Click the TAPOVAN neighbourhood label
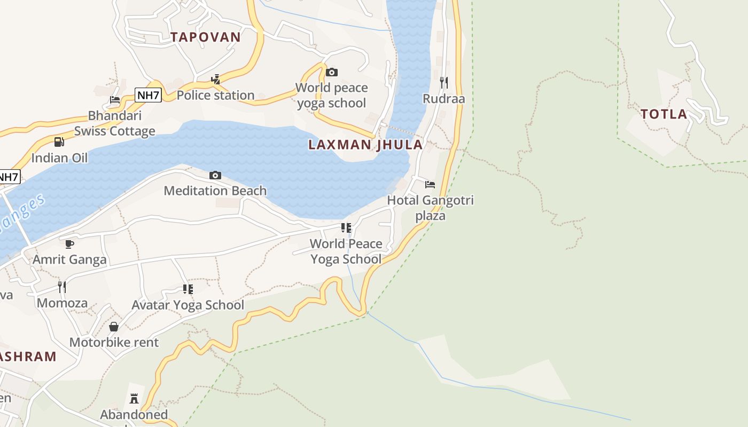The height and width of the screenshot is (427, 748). tap(206, 37)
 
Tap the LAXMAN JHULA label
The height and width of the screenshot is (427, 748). tap(365, 145)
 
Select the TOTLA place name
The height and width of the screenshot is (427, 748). tap(664, 114)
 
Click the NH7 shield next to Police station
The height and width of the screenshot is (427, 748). tap(148, 96)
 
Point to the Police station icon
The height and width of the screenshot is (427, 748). tap(216, 80)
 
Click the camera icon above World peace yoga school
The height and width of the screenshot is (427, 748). tap(332, 72)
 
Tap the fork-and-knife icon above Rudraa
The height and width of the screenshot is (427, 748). tap(444, 82)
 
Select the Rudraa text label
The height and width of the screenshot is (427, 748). tap(444, 99)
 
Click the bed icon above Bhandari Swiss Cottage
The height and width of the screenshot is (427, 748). tap(115, 99)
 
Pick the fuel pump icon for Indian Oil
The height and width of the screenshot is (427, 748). tap(59, 141)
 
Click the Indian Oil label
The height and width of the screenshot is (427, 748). tap(59, 158)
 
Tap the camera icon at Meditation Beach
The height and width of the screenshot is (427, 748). tap(215, 175)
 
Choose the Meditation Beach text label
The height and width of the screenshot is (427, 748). tap(215, 191)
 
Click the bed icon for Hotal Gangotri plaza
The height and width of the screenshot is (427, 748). tap(430, 185)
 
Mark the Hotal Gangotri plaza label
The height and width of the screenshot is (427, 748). tap(431, 208)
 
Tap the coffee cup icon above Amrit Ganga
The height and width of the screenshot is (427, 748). tap(69, 244)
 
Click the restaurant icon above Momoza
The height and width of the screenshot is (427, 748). tap(62, 287)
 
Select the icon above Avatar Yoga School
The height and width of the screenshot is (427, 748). tap(188, 289)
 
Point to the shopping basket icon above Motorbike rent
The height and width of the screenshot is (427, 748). tap(114, 327)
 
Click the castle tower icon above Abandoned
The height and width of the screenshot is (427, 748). tap(134, 398)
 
